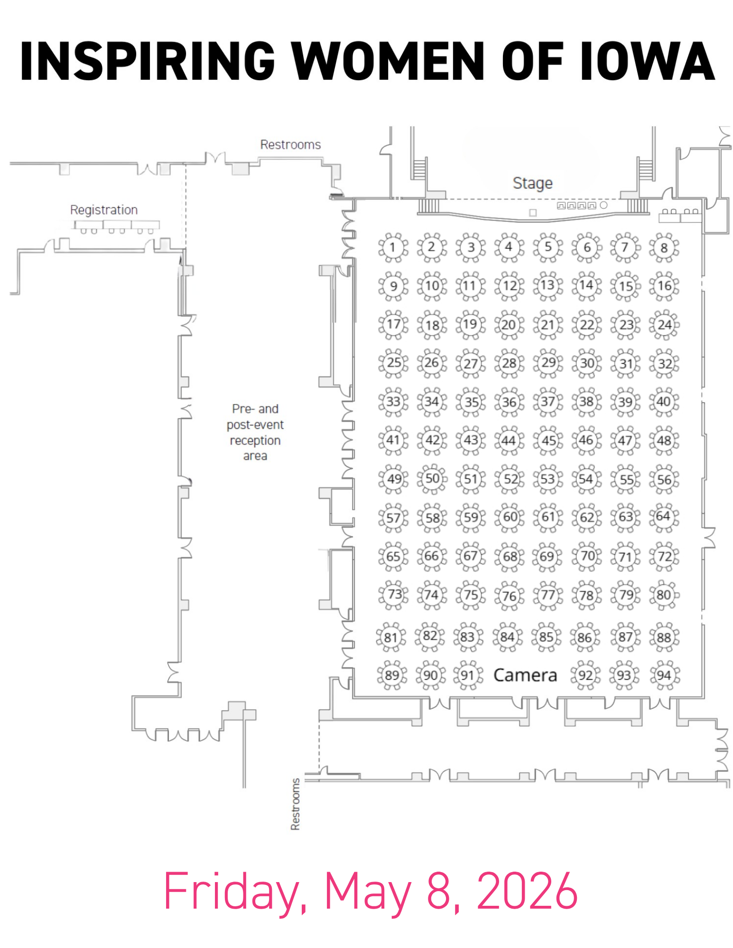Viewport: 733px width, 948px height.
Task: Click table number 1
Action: [393, 247]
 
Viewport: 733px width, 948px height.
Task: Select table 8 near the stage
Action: [664, 248]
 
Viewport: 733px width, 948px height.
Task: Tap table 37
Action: [548, 402]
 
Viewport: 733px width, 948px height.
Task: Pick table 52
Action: [510, 479]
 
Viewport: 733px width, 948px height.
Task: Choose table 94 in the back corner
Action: [664, 675]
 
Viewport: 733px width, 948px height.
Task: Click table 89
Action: [392, 675]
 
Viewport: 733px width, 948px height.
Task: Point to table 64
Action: [664, 517]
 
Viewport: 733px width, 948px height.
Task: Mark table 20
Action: [509, 325]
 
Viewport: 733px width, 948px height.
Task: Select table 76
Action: [510, 596]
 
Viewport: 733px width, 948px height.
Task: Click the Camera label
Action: [525, 675]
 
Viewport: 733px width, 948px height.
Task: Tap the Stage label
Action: [532, 184]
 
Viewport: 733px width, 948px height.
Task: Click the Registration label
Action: [104, 210]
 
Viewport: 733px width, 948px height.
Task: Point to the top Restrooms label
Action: [290, 145]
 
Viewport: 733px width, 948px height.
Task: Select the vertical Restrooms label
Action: [295, 804]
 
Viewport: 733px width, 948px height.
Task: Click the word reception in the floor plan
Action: [255, 441]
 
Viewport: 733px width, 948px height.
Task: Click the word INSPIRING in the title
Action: [147, 61]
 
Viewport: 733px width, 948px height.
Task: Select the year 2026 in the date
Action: [527, 890]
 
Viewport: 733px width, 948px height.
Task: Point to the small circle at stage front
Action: [603, 205]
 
